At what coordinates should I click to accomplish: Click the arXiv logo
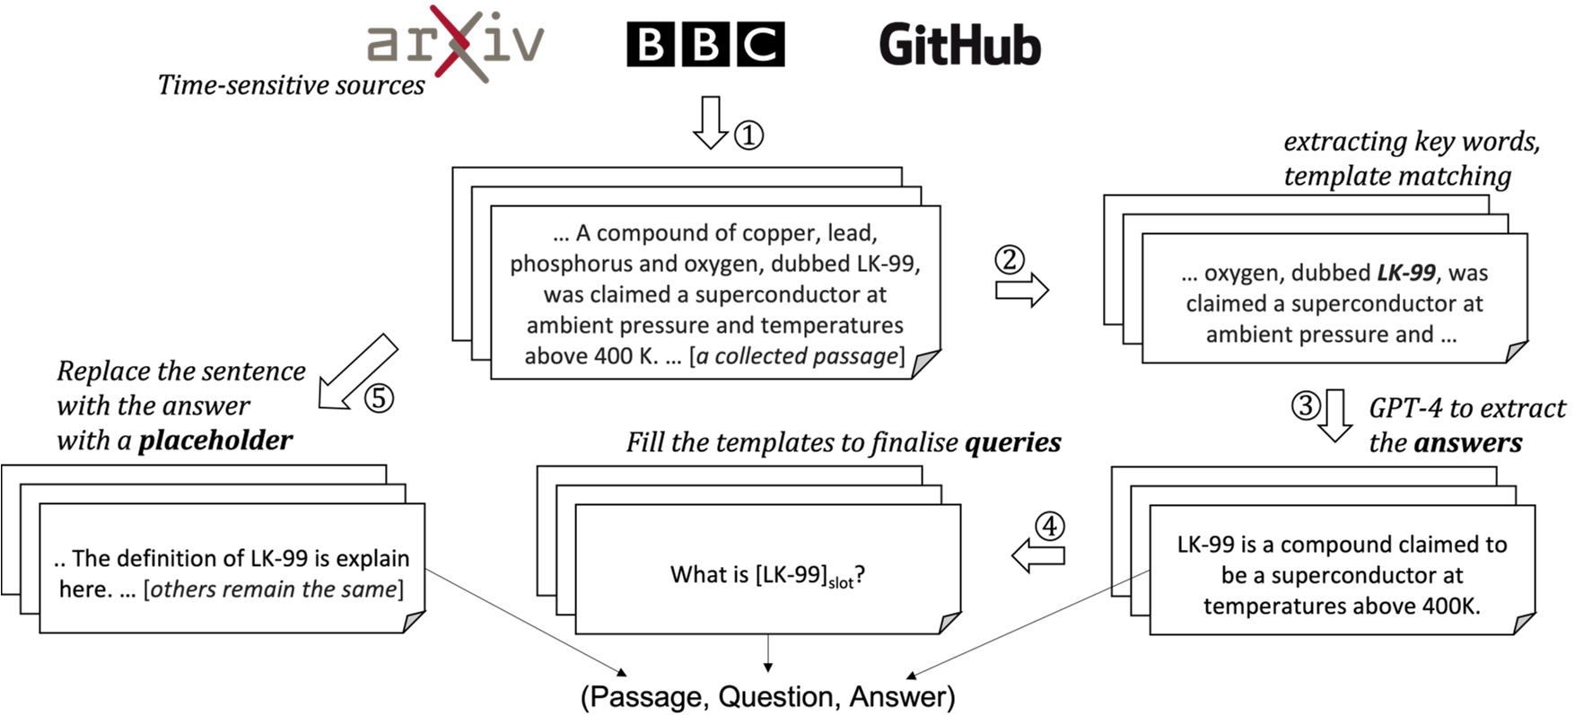(456, 43)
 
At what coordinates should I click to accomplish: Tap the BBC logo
(704, 45)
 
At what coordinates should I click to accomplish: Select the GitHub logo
(959, 45)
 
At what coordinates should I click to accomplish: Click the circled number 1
(748, 135)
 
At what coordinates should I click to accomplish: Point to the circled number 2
(1010, 260)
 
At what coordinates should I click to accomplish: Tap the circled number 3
(1306, 406)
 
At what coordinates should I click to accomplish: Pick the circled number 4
(1050, 526)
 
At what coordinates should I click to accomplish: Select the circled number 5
(379, 397)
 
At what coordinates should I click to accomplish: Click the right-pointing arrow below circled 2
(1021, 291)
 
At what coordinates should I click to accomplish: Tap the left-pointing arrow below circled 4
(1037, 556)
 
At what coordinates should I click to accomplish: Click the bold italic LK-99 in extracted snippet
(1405, 273)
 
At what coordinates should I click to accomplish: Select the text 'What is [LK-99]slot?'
(766, 575)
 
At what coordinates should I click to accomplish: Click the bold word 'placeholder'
(215, 440)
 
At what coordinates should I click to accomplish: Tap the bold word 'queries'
(1012, 442)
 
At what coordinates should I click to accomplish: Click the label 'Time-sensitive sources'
(291, 85)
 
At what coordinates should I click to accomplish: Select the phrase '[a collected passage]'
(796, 356)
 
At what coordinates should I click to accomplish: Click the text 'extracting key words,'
(1411, 142)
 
